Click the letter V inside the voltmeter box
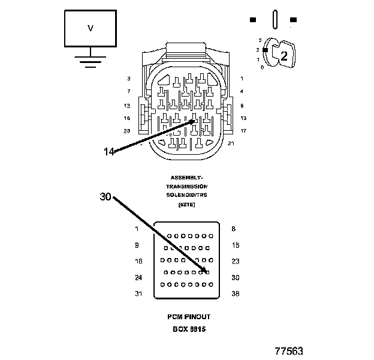(x=91, y=28)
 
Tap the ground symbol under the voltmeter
(x=91, y=60)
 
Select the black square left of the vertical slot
(x=253, y=20)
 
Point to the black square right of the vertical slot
(x=293, y=20)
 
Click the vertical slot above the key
(x=273, y=19)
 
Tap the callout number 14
(x=108, y=151)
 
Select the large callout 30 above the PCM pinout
(x=105, y=197)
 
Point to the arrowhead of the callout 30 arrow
(x=207, y=272)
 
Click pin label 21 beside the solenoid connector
(x=231, y=143)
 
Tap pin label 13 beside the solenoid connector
(x=243, y=118)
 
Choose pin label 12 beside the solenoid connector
(x=126, y=105)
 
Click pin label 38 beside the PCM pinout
(x=235, y=293)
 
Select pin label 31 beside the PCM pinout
(x=139, y=293)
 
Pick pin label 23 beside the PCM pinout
(x=235, y=261)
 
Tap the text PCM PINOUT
(x=189, y=316)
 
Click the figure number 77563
(x=289, y=350)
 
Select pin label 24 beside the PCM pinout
(x=139, y=277)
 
